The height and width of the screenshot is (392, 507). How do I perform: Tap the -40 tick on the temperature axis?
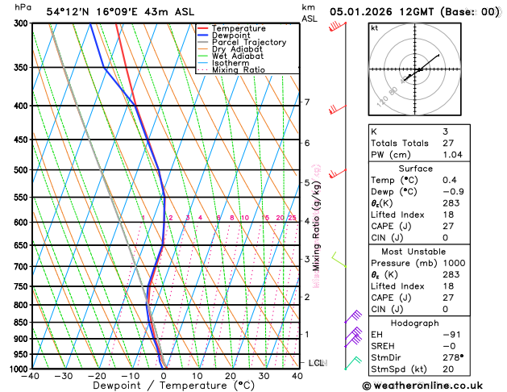point(31,375)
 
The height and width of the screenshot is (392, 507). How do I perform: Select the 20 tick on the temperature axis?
point(231,375)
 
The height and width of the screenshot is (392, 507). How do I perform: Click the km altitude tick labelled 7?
point(306,102)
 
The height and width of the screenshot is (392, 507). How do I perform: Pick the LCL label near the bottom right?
point(315,363)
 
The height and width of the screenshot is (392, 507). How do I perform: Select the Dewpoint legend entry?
point(231,35)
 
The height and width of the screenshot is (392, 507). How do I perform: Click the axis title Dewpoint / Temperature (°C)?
point(164,386)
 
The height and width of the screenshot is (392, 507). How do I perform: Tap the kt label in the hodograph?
point(374,27)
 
